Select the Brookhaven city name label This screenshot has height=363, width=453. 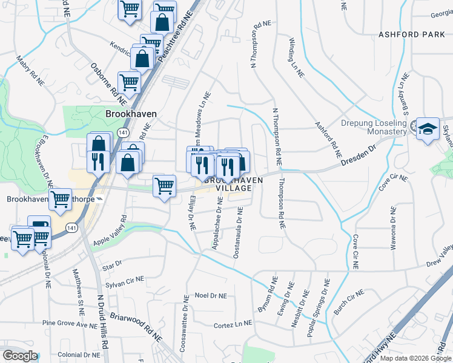(x=131, y=114)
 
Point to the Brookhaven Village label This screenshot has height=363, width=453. (x=228, y=185)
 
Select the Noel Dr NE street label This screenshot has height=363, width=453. (x=211, y=296)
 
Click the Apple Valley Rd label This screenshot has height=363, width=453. (x=110, y=231)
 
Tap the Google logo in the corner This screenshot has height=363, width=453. (x=20, y=356)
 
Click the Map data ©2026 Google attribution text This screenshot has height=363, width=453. (x=415, y=358)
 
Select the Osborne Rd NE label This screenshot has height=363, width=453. (x=108, y=80)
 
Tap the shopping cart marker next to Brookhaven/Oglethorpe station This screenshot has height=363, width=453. (x=60, y=198)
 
